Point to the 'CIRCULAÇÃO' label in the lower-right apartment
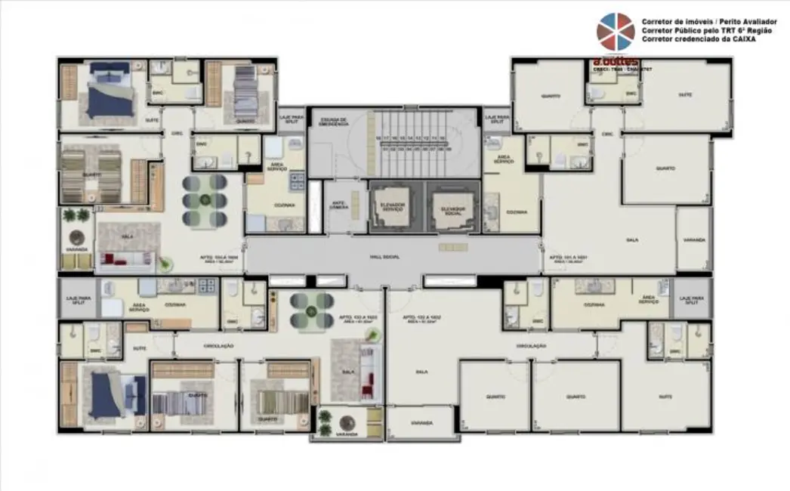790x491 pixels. (532, 345)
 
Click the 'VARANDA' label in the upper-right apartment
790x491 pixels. (693, 240)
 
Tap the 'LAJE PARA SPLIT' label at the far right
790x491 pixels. (691, 299)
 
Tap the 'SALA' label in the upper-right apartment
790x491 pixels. (632, 240)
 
